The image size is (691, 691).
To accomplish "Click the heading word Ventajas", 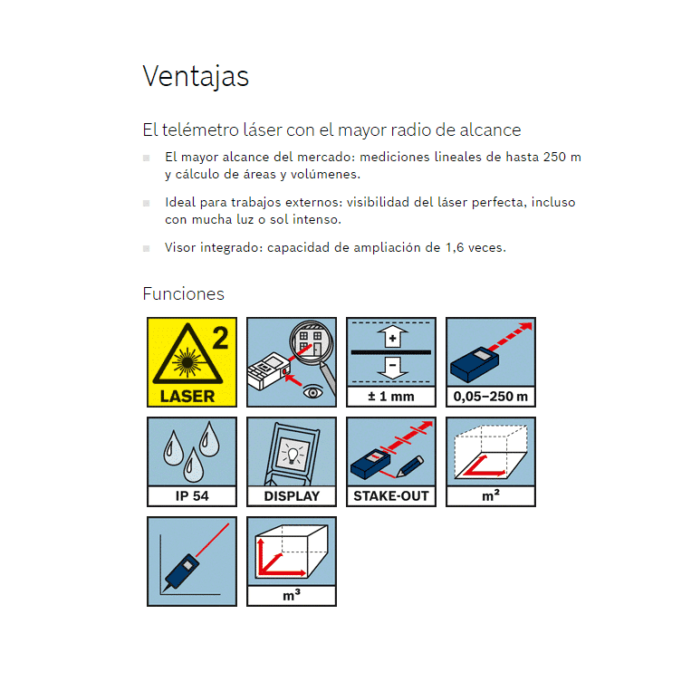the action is pyautogui.click(x=196, y=76).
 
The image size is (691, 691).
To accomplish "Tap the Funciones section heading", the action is pyautogui.click(x=183, y=293).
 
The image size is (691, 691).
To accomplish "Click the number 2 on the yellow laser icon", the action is pyautogui.click(x=220, y=338).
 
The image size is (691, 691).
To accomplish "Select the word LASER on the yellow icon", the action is pyautogui.click(x=187, y=396).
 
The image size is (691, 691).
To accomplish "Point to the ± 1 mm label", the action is pyautogui.click(x=391, y=396).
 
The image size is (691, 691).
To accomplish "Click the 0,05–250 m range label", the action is pyautogui.click(x=491, y=396).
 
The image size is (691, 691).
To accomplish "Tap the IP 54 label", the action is pyautogui.click(x=192, y=495).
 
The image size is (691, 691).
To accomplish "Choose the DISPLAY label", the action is pyautogui.click(x=292, y=495).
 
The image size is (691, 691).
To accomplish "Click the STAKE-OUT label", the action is pyautogui.click(x=391, y=495).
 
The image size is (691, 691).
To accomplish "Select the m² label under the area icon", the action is pyautogui.click(x=491, y=495).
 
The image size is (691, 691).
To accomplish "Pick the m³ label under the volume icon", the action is pyautogui.click(x=292, y=595).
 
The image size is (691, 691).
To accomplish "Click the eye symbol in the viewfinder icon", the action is pyautogui.click(x=312, y=391).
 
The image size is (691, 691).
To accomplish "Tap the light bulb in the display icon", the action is pyautogui.click(x=292, y=454).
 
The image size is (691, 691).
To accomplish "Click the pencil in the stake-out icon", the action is pyautogui.click(x=410, y=466).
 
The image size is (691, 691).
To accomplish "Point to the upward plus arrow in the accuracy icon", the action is pyautogui.click(x=392, y=337).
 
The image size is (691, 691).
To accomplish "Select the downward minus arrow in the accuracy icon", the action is pyautogui.click(x=392, y=368).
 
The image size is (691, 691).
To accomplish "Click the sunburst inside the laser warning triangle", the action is pyautogui.click(x=187, y=362).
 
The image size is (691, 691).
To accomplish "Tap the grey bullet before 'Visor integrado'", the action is pyautogui.click(x=147, y=248).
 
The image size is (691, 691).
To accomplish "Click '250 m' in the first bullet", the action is pyautogui.click(x=561, y=157).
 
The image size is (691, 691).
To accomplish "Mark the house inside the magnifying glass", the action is pyautogui.click(x=311, y=341).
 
